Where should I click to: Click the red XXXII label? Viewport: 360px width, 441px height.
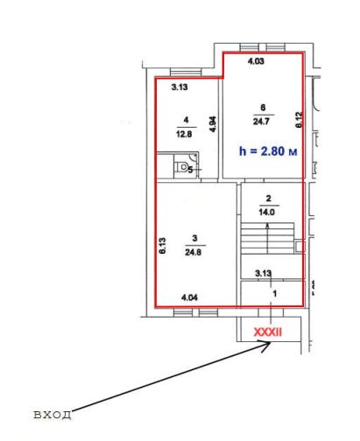268,332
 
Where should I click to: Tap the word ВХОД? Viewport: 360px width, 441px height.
53,415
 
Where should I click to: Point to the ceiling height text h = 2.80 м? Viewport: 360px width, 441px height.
268,151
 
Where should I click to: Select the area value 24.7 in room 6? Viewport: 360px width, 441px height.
261,122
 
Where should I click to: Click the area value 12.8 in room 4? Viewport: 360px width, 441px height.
184,134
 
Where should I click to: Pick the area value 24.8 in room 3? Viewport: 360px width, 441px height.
193,252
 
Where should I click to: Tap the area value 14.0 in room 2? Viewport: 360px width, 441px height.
266,212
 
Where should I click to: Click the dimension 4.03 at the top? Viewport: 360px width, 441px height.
256,61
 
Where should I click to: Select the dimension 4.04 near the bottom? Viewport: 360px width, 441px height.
189,297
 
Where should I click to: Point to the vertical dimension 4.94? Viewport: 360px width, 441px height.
213,124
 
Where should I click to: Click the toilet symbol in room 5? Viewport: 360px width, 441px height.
182,167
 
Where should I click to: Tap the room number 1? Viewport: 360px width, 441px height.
274,293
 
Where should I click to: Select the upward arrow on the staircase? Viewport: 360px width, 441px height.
267,238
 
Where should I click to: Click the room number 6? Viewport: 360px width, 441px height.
263,108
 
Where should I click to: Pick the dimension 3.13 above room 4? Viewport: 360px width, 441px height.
180,87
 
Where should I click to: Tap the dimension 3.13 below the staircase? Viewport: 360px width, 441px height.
263,273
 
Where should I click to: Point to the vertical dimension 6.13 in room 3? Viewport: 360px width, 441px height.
162,246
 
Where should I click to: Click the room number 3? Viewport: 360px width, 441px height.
194,238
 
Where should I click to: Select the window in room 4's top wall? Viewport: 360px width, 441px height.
186,73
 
